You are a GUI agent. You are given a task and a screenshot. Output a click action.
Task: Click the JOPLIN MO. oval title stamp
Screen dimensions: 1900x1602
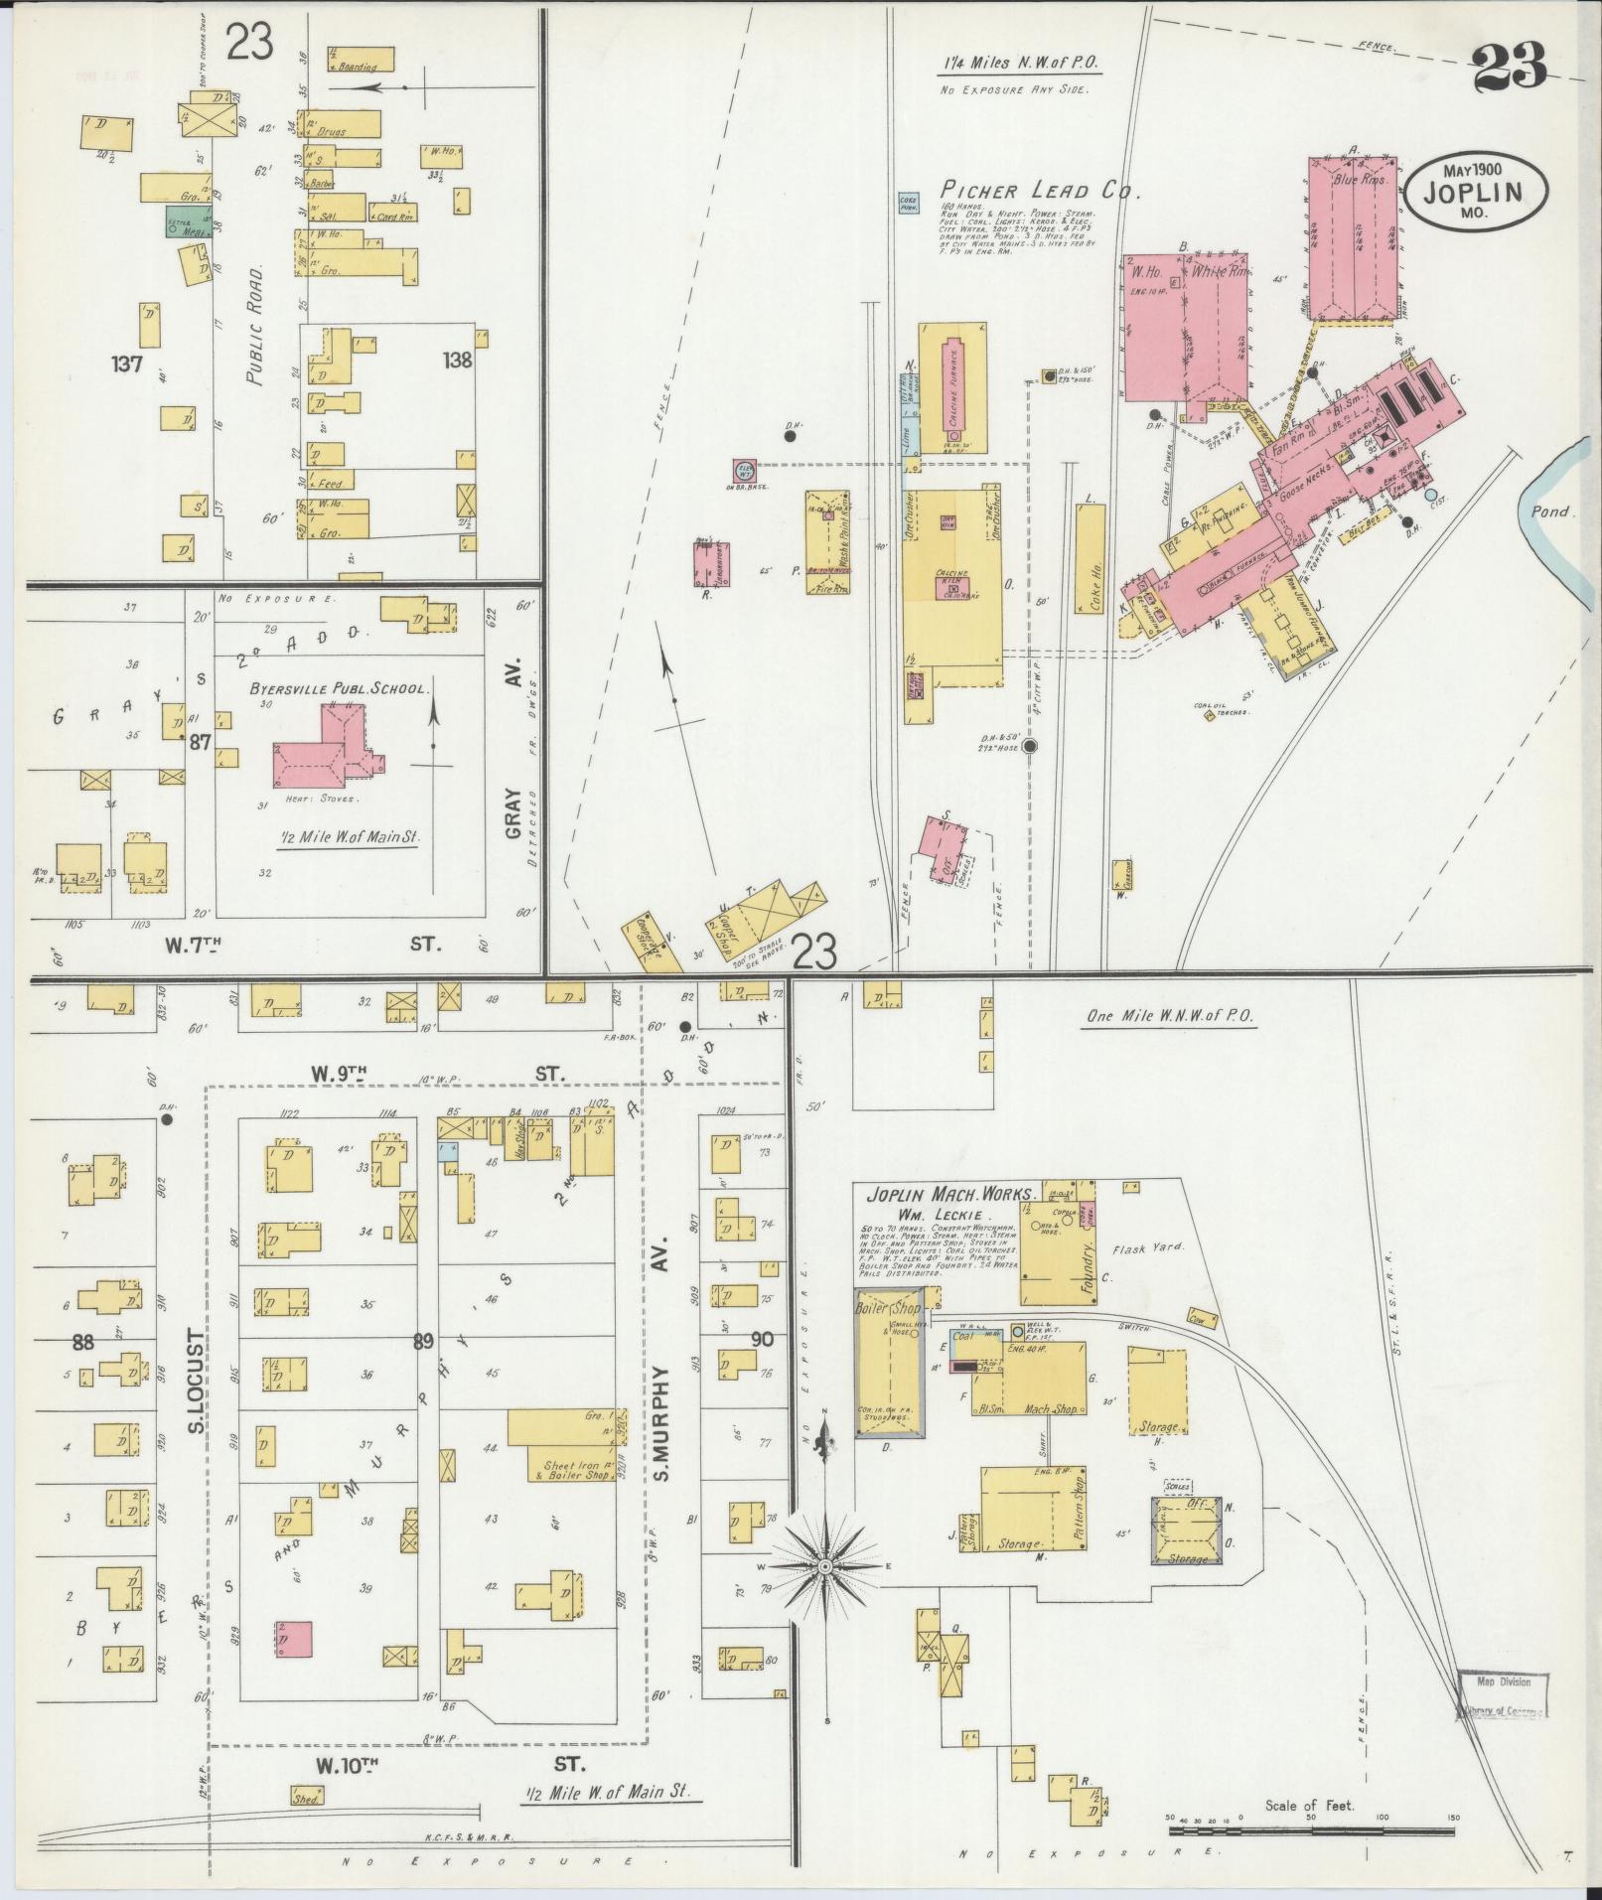tap(1477, 184)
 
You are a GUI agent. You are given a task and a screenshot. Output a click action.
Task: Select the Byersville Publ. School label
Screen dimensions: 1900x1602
tap(340, 687)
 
